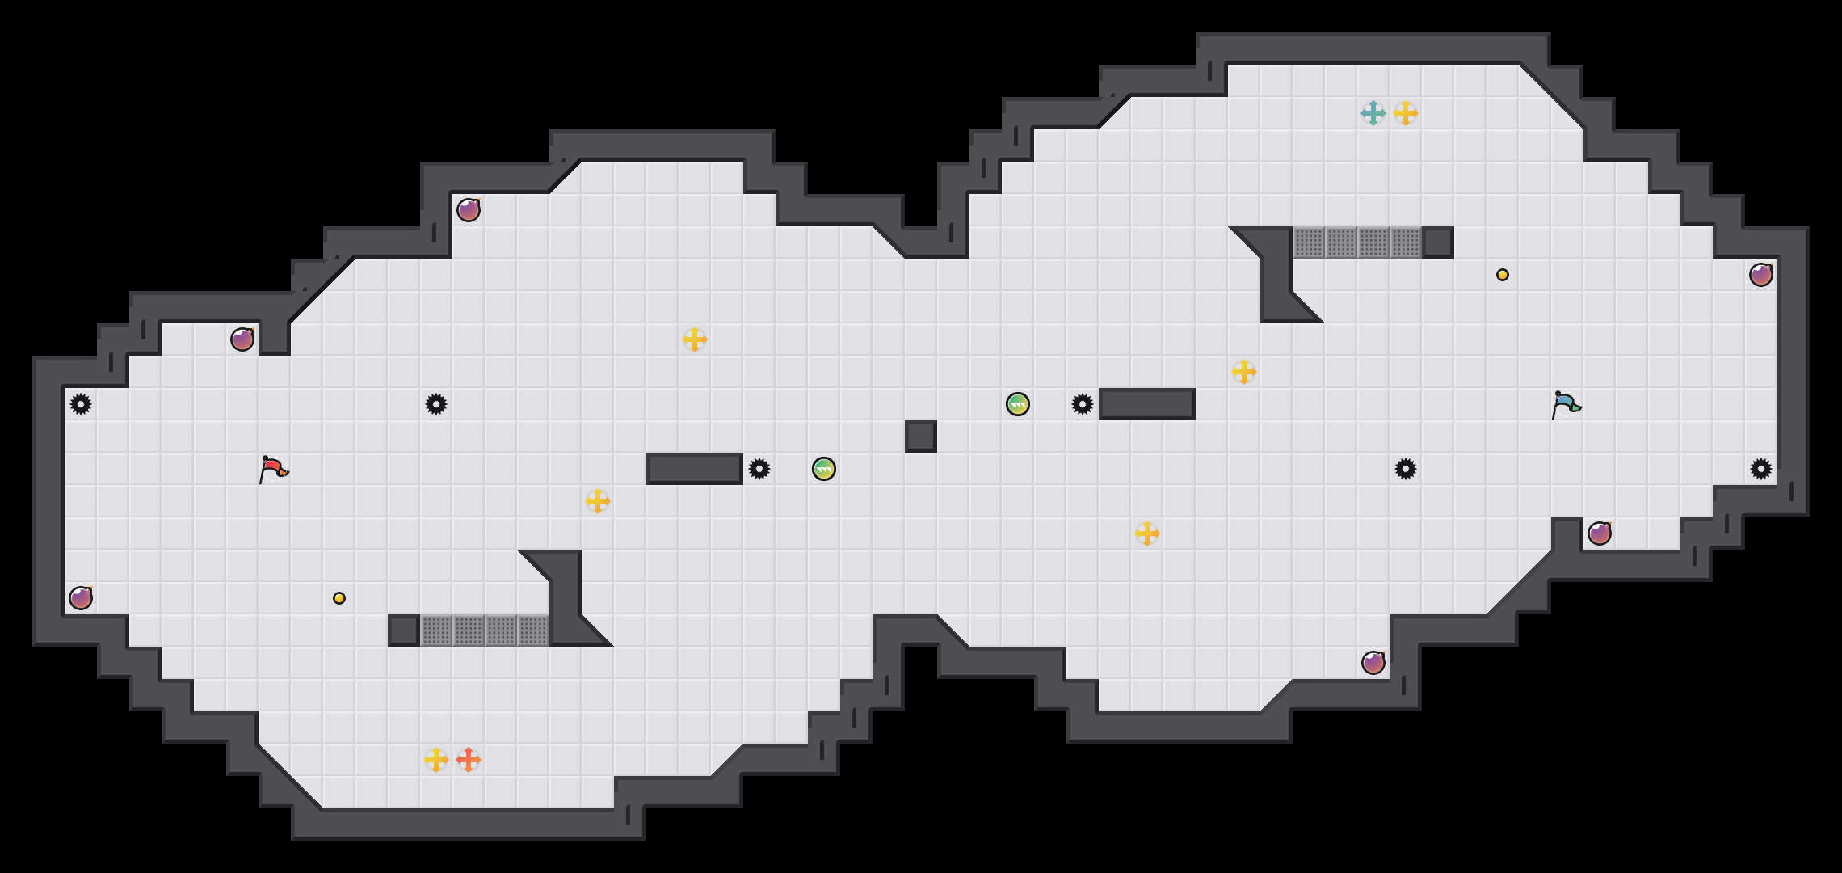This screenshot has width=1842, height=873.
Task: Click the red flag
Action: [x=273, y=469]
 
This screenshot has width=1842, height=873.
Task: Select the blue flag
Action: [x=1566, y=404]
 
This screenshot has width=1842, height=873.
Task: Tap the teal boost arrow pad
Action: [x=1373, y=113]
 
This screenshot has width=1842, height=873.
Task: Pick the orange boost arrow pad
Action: [x=469, y=760]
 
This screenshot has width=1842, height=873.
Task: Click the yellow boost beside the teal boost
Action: [x=1406, y=113]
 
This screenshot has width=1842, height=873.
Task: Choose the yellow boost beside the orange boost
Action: [x=436, y=760]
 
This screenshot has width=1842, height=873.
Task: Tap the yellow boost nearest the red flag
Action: [x=598, y=501]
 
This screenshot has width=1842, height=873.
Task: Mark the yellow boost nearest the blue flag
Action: [x=1244, y=372]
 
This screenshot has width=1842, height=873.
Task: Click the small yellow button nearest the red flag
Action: [x=339, y=598]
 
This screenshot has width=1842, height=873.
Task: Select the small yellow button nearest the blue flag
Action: [x=1503, y=275]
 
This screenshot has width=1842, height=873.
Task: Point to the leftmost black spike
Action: [x=81, y=404]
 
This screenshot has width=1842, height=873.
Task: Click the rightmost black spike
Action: [x=1761, y=469]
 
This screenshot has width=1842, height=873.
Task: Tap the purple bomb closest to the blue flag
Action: [x=1600, y=533]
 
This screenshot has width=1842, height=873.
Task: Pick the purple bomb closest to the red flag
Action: [x=242, y=339]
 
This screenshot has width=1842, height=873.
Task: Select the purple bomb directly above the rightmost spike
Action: [x=1761, y=275]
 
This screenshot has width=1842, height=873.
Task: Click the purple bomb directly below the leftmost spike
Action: [x=81, y=598]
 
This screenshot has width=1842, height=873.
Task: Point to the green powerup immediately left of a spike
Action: [x=1018, y=404]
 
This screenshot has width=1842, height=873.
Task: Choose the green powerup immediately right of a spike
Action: [x=824, y=469]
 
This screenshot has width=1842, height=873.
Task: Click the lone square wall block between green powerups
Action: [x=921, y=436]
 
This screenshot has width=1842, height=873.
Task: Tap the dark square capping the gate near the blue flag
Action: [x=1438, y=242]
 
